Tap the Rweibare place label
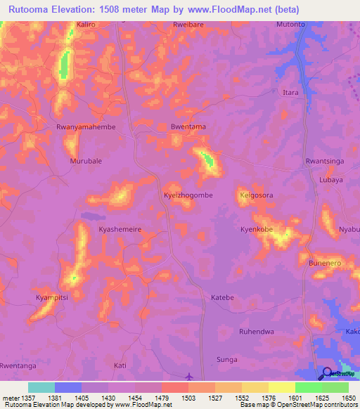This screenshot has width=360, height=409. click(x=188, y=24)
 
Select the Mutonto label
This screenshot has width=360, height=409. click(x=290, y=24)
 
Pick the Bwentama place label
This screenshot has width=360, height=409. click(x=188, y=126)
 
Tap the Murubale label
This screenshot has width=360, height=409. click(x=86, y=161)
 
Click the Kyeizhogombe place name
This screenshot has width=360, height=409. click(x=188, y=195)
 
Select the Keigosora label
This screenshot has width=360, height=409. click(x=257, y=195)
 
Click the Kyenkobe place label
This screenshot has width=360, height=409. click(x=257, y=229)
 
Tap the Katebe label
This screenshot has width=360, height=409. click(x=222, y=297)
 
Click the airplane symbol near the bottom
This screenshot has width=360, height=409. click(x=188, y=376)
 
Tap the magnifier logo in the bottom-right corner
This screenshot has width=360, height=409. click(x=328, y=373)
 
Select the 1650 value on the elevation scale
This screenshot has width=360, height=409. click(x=349, y=398)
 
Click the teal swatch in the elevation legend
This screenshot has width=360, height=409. click(x=41, y=387)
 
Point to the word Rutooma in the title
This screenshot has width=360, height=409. click(x=30, y=9)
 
